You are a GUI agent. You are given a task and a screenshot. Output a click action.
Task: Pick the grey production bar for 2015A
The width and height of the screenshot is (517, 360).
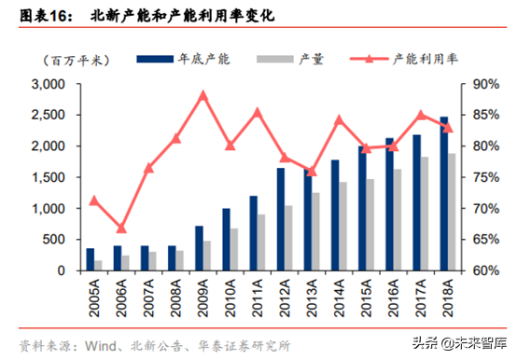370,225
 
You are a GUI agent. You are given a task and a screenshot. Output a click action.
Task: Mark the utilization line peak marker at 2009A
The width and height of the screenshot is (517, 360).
203,95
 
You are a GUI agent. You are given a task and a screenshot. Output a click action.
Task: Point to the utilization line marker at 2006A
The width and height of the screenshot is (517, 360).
121,228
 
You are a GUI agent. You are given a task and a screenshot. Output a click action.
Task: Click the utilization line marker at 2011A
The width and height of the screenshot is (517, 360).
258,113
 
